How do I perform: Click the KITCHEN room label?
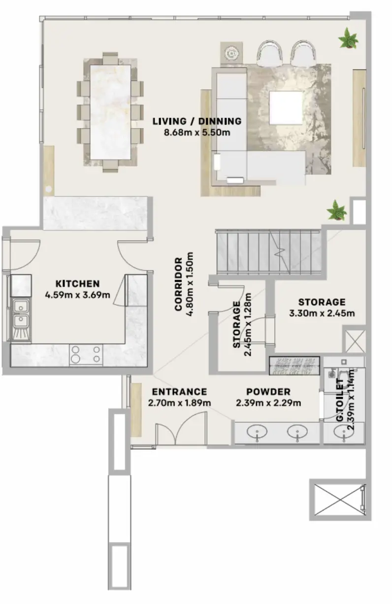pyautogui.click(x=77, y=284)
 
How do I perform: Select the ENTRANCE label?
pyautogui.click(x=179, y=392)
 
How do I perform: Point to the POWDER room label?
pyautogui.click(x=268, y=392)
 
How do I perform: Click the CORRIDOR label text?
pyautogui.click(x=179, y=284)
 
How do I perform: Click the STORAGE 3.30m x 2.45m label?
pyautogui.click(x=322, y=302)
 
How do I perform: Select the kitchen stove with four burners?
pyautogui.click(x=86, y=354)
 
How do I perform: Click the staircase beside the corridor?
pyautogui.click(x=268, y=254)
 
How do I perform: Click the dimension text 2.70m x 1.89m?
pyautogui.click(x=179, y=403)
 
